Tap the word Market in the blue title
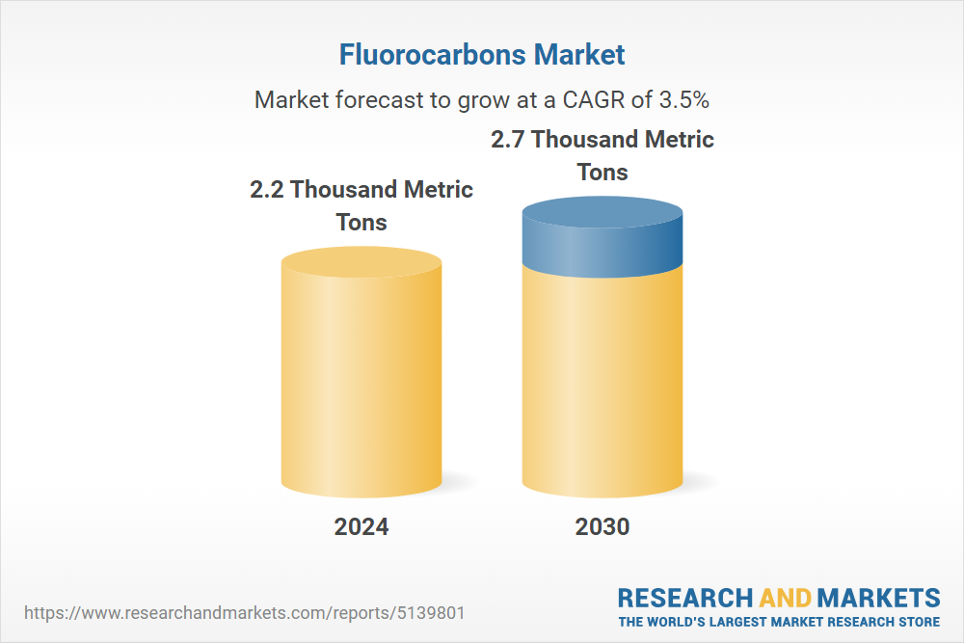(x=579, y=54)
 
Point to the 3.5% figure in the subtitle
(x=684, y=99)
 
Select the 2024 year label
(x=361, y=526)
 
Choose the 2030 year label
(x=602, y=526)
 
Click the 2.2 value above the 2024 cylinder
(x=267, y=189)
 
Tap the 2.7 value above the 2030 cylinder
(x=508, y=140)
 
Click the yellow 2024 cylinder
(x=361, y=372)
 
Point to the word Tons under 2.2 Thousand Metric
(x=361, y=223)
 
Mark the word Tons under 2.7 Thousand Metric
(x=602, y=173)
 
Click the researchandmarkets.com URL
(x=245, y=613)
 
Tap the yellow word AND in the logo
(x=785, y=598)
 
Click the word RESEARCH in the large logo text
(x=684, y=598)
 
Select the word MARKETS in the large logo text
(x=878, y=598)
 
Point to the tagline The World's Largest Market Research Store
(x=779, y=622)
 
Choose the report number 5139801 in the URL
(x=431, y=613)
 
